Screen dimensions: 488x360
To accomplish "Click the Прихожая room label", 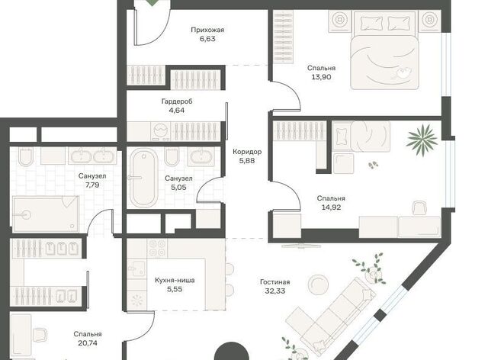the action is tap(207, 30).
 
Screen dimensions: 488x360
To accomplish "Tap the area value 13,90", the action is tap(321, 77).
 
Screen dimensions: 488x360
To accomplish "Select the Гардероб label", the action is tap(177, 101).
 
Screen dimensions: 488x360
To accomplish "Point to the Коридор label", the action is tap(247, 152).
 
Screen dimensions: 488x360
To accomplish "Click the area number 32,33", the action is tap(275, 291).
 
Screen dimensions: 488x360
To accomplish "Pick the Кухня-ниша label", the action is tap(175, 280).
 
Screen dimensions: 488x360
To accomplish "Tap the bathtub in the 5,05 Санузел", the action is tap(143, 178).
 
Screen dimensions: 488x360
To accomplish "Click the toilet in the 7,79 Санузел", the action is tap(26, 156).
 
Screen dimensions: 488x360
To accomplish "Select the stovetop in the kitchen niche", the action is tap(158, 248).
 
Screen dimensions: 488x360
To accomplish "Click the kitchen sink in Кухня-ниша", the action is tap(136, 268).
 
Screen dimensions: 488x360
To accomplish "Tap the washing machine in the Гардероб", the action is tap(161, 131).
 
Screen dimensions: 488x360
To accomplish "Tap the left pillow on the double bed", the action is tap(371, 23).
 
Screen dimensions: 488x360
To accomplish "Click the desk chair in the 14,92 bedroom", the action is tap(419, 208).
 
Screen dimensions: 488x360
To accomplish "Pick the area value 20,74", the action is tap(88, 343).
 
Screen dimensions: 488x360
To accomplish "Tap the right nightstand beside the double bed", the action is tap(429, 21).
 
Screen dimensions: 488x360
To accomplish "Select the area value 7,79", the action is tap(92, 185).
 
